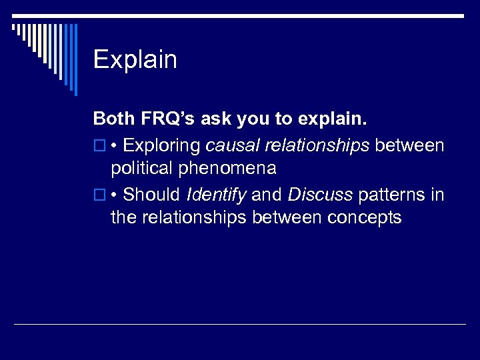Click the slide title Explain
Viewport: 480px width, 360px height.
(135, 60)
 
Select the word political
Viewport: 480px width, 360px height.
(142, 168)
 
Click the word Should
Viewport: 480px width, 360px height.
(152, 194)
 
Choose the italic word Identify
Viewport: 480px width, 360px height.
(216, 194)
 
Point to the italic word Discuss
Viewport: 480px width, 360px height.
(321, 194)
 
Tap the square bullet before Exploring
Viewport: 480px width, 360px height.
(99, 145)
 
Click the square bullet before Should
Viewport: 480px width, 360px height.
(99, 195)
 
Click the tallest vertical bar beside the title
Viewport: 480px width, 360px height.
(75, 59)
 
